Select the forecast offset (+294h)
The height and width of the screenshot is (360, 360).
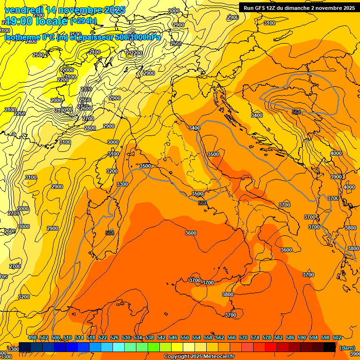83,21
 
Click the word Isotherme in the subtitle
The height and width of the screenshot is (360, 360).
22,37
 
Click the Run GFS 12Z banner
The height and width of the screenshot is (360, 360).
298,8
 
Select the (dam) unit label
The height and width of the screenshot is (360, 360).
347,348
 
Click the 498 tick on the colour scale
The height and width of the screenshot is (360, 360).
32,338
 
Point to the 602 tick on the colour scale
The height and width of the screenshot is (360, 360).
337,338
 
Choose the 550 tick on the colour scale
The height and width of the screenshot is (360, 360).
185,338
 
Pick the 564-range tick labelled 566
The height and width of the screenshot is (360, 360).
232,338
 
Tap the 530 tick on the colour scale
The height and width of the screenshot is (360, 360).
126,338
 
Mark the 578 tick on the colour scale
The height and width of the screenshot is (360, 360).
267,338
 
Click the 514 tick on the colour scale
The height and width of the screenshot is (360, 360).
79,338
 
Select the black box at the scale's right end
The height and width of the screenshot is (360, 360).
330,347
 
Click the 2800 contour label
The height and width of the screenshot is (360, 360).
90,128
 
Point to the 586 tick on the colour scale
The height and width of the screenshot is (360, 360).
290,338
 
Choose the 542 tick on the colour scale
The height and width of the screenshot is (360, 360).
161,338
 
